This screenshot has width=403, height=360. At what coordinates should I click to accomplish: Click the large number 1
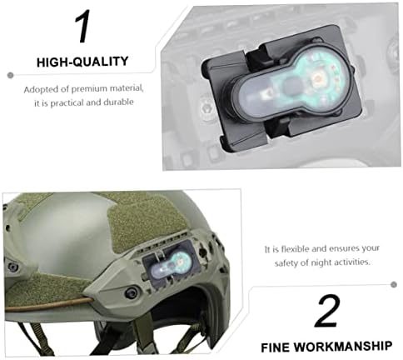[82, 27]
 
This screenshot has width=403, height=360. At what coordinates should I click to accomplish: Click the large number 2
[327, 311]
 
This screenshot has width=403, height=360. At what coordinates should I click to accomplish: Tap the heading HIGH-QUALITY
[82, 62]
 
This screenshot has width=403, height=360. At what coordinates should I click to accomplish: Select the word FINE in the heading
[275, 347]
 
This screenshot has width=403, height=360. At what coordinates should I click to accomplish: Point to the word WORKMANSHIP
[343, 347]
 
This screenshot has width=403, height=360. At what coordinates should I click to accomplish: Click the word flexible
[295, 248]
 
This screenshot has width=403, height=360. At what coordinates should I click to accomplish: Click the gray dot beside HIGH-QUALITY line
[11, 75]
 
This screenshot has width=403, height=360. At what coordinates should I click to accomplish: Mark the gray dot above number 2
[394, 284]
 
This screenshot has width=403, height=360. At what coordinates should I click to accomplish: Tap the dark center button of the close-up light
[291, 85]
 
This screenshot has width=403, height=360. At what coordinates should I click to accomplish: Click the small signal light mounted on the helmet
[171, 264]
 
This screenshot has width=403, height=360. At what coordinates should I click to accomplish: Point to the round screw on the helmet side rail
[131, 292]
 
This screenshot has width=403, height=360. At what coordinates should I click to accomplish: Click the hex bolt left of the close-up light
[205, 107]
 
